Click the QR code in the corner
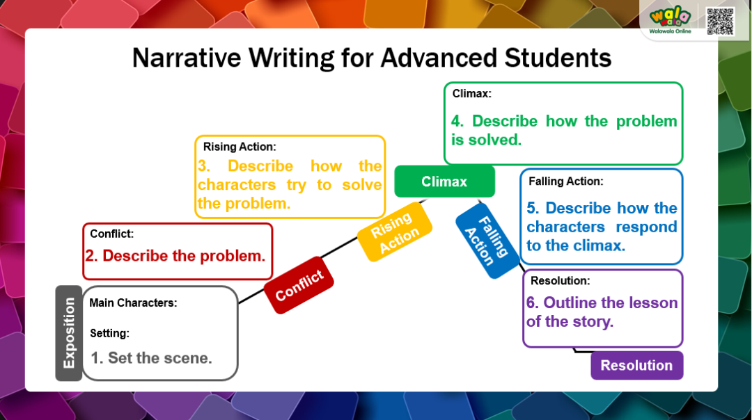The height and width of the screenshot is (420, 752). (x=720, y=21)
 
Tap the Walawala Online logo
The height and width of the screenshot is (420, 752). (x=670, y=21)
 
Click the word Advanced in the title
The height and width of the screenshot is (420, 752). (x=439, y=58)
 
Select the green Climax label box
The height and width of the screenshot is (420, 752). (x=444, y=181)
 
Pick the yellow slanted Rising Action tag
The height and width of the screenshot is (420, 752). (x=395, y=232)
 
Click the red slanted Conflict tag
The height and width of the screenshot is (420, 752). (x=299, y=285)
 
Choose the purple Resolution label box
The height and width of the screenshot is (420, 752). (x=637, y=365)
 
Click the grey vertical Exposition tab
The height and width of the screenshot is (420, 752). (x=68, y=333)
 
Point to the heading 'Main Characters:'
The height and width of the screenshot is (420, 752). (x=133, y=302)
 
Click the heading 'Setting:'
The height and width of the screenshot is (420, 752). (x=110, y=333)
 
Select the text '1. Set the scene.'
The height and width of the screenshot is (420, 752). (x=152, y=357)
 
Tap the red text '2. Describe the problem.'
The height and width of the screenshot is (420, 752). (x=175, y=256)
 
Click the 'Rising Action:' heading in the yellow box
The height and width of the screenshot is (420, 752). (x=240, y=147)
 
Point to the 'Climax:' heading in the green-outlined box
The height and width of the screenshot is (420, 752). (x=472, y=93)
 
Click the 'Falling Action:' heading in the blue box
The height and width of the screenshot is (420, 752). (x=566, y=181)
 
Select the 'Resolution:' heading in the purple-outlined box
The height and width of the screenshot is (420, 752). (x=560, y=281)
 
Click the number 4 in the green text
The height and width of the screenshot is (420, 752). (x=457, y=121)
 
